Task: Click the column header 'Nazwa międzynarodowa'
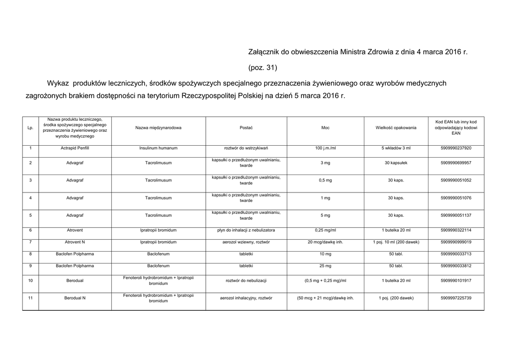(x=158, y=128)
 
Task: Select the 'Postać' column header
(x=246, y=128)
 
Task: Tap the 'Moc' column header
(x=325, y=128)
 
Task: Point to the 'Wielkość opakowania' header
(x=396, y=128)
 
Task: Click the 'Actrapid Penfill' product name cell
(x=75, y=148)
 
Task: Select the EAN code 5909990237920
(x=456, y=148)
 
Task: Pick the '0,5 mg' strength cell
(x=325, y=180)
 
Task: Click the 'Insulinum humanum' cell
(x=158, y=148)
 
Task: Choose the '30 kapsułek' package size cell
(x=396, y=163)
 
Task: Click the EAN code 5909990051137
(x=456, y=215)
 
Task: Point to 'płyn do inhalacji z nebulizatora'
(x=246, y=230)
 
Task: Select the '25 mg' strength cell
(x=325, y=266)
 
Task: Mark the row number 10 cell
(x=31, y=281)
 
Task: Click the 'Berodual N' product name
(x=75, y=298)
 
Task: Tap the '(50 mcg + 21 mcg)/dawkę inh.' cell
(x=325, y=298)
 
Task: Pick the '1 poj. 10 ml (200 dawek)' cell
(x=396, y=242)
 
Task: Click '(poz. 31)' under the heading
(x=262, y=67)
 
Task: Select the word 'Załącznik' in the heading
(x=264, y=52)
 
